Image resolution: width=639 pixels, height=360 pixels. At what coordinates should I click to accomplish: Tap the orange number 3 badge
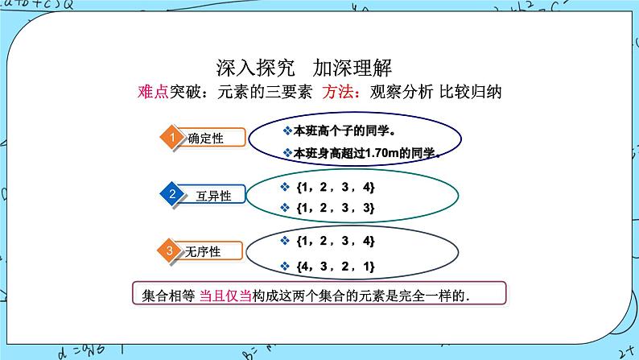[171, 251]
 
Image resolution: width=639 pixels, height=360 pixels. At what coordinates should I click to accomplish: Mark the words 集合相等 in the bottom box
[163, 295]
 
